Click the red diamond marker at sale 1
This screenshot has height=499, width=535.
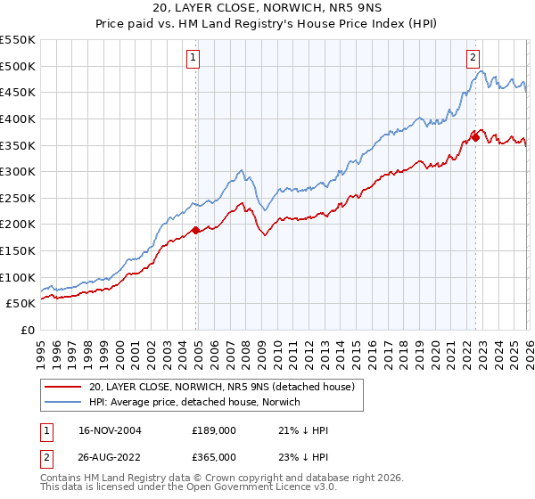pos(196,230)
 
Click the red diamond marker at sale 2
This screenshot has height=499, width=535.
pos(475,137)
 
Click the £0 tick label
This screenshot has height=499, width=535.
pos(28,330)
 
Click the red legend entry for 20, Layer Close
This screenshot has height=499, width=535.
pos(222,387)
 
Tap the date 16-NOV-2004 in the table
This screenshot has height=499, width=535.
pos(111,430)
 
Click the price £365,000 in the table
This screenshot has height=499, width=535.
pos(214,457)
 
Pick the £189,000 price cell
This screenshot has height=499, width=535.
pos(214,430)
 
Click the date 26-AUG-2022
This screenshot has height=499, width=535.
pos(111,457)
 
